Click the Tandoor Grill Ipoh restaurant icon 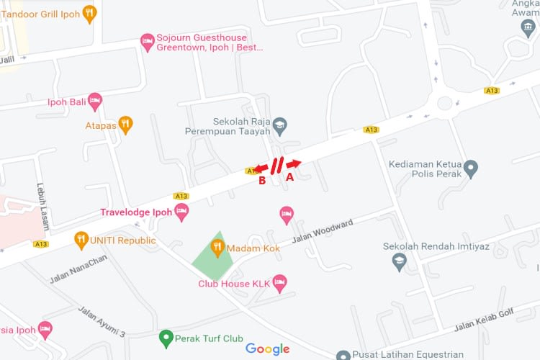pos(89,13)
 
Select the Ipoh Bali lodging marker pos(95,101)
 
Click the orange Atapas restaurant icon pos(126,124)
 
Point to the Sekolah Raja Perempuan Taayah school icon pos(279,127)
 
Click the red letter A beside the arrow pos(290,176)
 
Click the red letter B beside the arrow pos(262,181)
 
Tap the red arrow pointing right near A pos(294,164)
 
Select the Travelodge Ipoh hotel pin pos(181,212)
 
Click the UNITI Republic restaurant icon pos(81,240)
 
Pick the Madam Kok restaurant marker pos(217,248)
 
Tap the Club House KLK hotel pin pos(280,283)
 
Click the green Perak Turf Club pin pos(166,338)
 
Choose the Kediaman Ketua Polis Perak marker pos(471,169)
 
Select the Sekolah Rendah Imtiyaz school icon pos(400,262)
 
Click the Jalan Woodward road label pos(323,233)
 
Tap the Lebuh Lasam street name pos(43,205)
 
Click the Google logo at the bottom pos(267,349)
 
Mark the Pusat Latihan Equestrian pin pos(343,355)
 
